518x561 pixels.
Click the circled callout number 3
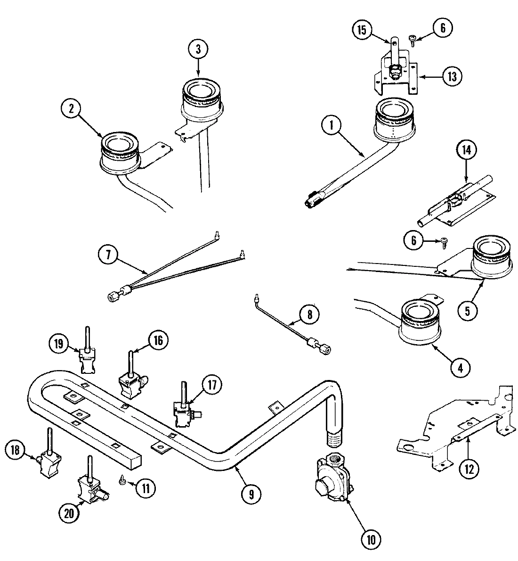[198, 49]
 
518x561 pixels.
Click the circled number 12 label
[469, 469]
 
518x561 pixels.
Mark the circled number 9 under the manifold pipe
[251, 494]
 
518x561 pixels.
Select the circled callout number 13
[451, 76]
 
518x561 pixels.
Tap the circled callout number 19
[59, 343]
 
